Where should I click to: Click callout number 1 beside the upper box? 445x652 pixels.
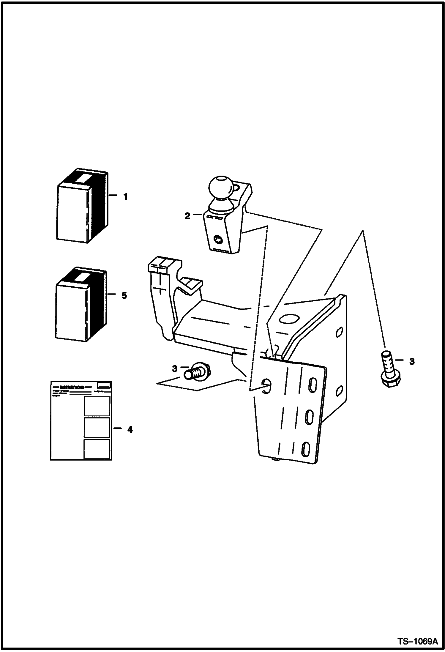pos(125,197)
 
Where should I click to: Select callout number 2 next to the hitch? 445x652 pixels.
pos(187,216)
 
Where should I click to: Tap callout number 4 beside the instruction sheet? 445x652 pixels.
pos(130,429)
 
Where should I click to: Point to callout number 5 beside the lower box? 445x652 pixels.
pos(124,295)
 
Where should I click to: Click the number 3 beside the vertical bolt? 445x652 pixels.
pos(412,361)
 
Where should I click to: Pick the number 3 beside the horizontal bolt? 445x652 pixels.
pos(175,369)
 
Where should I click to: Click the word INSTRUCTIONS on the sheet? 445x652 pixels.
pos(72,387)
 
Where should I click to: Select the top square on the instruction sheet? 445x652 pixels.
pos(97,406)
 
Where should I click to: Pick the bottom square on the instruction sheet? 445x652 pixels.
pos(97,449)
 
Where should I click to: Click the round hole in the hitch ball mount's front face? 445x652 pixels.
pos(218,239)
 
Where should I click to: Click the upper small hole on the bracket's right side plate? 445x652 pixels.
pos(339,332)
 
